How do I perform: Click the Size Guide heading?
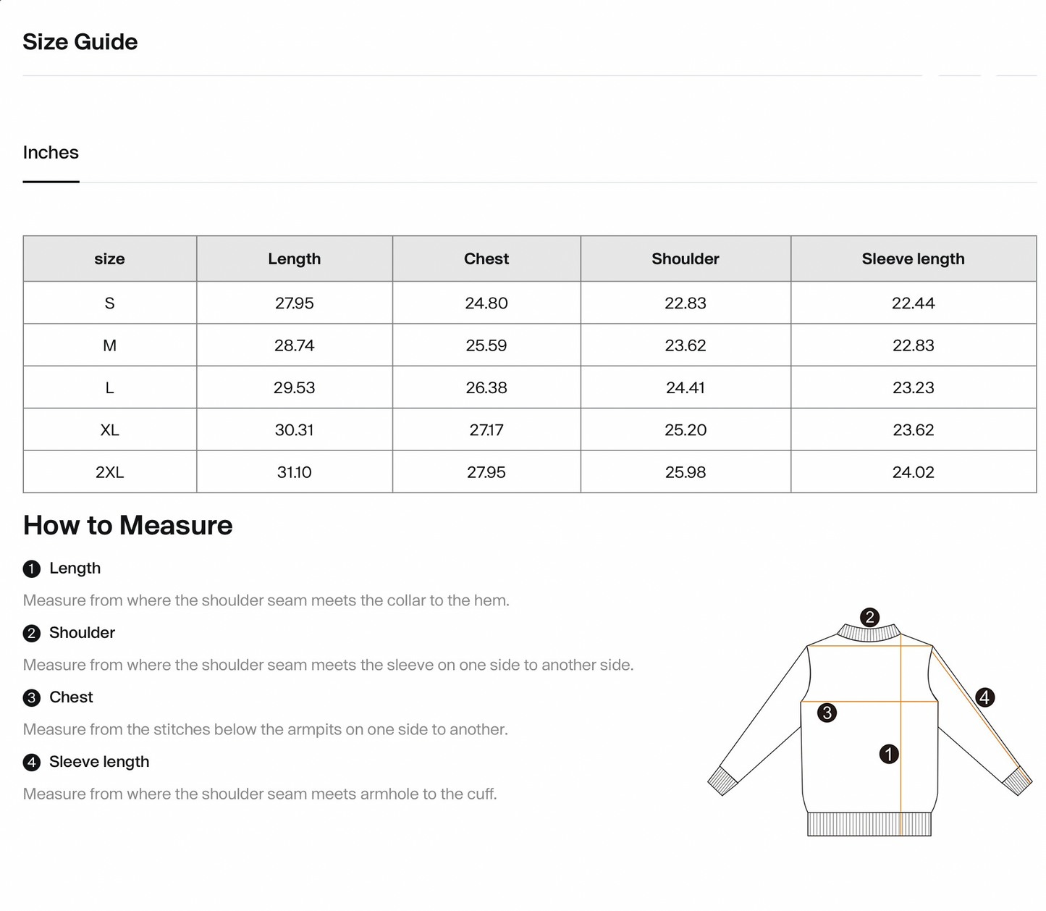pos(80,42)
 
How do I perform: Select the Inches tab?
pos(51,153)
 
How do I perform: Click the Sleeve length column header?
pos(913,259)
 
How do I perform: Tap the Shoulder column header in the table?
pos(685,259)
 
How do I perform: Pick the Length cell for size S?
pos(294,303)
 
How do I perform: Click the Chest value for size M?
pos(486,345)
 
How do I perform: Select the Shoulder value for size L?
pos(685,387)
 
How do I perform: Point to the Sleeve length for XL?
pos(913,430)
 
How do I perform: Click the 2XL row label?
pos(109,472)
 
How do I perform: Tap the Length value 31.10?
pos(294,472)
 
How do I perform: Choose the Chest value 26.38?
pos(486,387)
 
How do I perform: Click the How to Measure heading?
pos(127,526)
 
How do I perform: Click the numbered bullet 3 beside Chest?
pos(31,698)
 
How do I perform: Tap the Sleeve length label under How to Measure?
pos(99,762)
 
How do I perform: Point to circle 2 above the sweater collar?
pos(869,617)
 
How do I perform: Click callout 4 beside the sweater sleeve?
pos(984,697)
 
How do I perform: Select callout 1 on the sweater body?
pos(888,754)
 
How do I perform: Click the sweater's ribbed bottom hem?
pos(869,824)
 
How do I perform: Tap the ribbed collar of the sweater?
pos(869,633)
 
